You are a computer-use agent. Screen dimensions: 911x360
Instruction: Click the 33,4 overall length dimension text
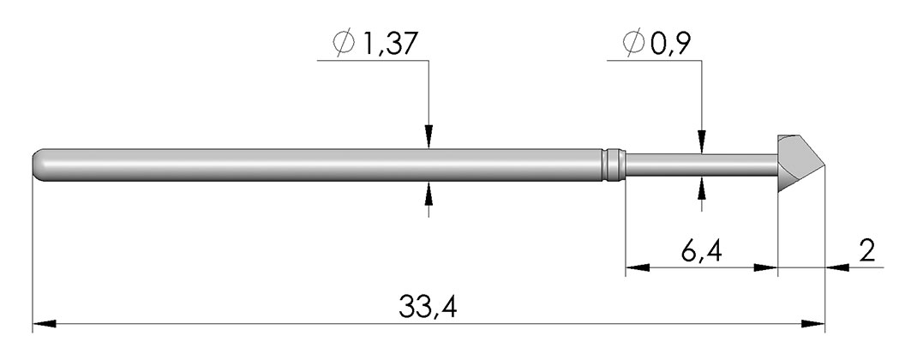428,307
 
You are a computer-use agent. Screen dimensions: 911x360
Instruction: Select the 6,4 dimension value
701,251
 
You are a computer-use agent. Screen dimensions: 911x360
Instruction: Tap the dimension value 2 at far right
866,251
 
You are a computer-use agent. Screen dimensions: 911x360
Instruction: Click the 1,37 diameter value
389,44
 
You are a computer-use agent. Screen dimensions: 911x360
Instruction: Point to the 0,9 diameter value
670,44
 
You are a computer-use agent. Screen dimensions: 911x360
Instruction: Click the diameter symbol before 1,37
344,44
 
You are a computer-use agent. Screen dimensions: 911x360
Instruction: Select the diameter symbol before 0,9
633,44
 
